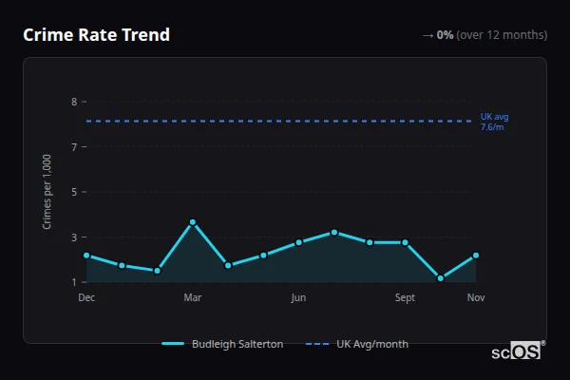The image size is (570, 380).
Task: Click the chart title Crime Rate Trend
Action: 96,35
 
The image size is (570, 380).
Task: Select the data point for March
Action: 193,222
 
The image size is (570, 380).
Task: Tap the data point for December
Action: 86,256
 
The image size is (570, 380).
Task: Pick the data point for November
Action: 476,256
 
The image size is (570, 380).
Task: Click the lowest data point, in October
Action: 441,278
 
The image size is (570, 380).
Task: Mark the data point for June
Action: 299,242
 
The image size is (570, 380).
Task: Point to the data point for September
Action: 406,242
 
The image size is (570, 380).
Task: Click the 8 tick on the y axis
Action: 73,102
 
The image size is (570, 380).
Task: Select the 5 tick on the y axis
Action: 73,192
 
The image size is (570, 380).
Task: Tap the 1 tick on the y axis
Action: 73,282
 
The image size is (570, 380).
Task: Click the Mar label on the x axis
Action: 193,298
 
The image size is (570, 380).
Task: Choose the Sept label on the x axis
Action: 406,298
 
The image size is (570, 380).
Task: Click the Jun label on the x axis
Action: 299,298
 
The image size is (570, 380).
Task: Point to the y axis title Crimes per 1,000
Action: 47,191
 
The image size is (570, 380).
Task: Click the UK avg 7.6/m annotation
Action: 494,122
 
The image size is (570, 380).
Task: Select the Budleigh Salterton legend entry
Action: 223,344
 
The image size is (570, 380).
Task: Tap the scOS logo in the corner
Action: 516,351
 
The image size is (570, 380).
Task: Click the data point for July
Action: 334,232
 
